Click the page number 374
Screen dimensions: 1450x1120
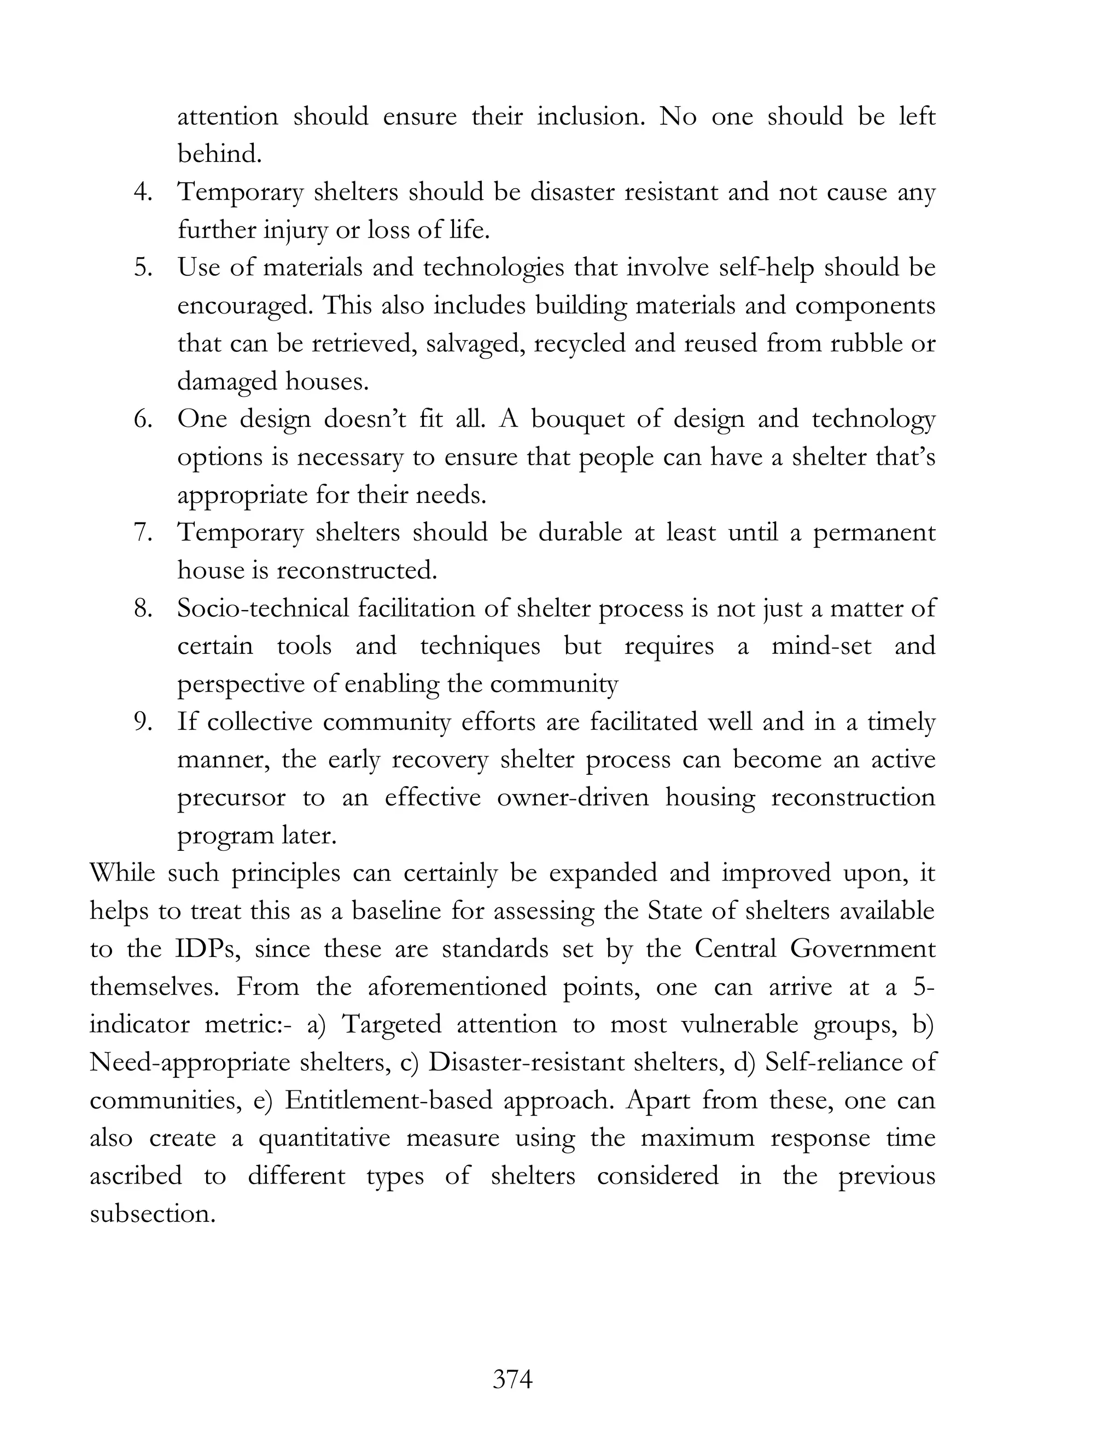513,1379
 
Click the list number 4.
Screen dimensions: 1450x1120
144,193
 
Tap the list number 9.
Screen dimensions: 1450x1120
144,722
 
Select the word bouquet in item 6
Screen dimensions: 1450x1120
578,420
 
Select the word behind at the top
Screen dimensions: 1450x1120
219,155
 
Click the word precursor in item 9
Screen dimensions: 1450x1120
231,798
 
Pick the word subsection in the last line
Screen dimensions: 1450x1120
153,1214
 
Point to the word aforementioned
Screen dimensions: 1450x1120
457,987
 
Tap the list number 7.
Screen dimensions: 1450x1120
144,533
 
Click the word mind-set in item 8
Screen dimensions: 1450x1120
821,647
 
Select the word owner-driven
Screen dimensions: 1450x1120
573,798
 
